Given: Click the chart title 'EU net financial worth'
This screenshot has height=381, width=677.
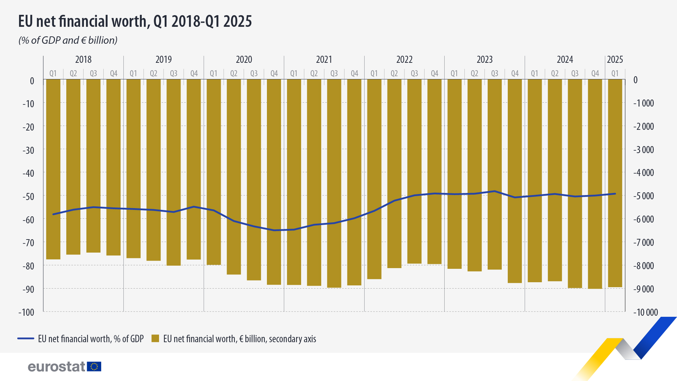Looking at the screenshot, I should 135,21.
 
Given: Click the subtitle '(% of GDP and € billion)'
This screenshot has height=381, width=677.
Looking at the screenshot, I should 68,40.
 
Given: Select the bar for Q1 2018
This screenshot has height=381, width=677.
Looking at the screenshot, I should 53,169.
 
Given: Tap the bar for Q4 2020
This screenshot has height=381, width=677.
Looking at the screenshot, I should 274,182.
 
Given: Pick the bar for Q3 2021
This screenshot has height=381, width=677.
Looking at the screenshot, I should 334,183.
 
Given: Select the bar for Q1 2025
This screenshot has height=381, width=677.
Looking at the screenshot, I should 615,183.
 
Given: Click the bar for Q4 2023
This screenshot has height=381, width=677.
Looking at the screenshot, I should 515,181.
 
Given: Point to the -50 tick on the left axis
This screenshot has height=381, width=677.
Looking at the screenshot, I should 29,196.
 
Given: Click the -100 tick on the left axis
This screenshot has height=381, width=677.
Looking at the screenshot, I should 26,312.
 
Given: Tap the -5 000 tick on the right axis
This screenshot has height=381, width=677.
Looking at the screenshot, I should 644,196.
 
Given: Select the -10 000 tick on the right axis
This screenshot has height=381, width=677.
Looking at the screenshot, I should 646,312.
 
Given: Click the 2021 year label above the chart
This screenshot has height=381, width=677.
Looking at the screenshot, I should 324,59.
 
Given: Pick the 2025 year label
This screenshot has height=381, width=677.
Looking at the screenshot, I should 615,59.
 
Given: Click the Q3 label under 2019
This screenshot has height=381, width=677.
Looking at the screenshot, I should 173,73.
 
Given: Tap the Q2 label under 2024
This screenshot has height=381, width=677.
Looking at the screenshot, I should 555,73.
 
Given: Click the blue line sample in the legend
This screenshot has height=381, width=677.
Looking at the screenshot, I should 26,339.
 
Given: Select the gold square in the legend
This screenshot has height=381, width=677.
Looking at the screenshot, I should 155,339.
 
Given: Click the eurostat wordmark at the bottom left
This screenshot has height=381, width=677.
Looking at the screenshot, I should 56,367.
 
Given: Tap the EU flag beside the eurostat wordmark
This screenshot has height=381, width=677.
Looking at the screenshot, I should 94,367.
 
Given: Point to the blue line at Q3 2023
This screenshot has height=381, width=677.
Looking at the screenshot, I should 495,191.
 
